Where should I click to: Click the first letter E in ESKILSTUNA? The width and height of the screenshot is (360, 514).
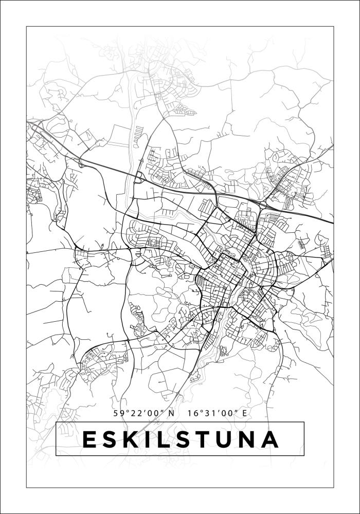tap(89, 439)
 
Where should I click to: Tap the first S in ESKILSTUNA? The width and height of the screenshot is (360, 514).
tap(112, 439)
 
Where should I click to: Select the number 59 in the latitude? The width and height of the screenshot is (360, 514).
tap(119, 413)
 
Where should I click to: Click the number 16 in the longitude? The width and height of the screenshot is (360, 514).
tap(193, 413)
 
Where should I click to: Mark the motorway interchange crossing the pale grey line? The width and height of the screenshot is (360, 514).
tap(139, 177)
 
